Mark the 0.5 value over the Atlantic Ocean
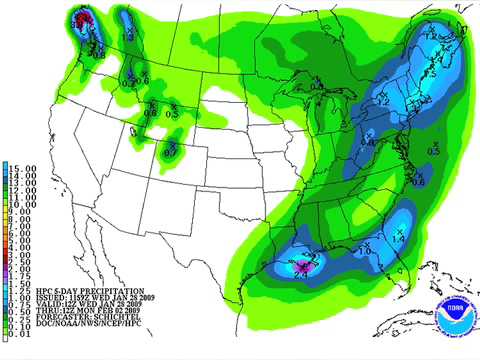click(x=433, y=150)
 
